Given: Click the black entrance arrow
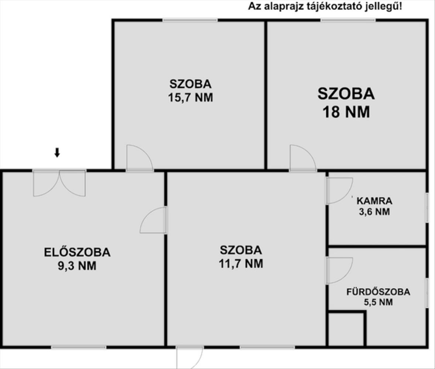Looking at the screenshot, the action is click(57, 152).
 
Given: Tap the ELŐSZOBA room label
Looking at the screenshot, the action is click(77, 252).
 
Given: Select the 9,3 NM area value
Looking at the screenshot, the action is click(77, 266).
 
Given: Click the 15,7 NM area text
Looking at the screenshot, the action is click(191, 97).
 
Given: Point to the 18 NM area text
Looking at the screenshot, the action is click(346, 112).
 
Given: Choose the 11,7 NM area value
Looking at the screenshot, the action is click(241, 264).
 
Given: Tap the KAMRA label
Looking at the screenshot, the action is click(374, 201).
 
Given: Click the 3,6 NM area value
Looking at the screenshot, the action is click(374, 212).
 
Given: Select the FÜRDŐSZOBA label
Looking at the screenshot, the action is click(378, 292).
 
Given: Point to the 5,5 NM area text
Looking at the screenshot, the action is click(378, 302).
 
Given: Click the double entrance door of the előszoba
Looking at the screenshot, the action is click(59, 183).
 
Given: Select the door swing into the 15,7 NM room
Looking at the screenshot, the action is click(139, 157).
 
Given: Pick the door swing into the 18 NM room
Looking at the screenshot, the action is click(303, 157).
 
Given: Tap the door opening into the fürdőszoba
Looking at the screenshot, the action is click(339, 270).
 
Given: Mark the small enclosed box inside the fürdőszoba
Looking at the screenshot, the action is click(347, 329).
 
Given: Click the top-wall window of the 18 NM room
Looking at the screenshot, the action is click(348, 20).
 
